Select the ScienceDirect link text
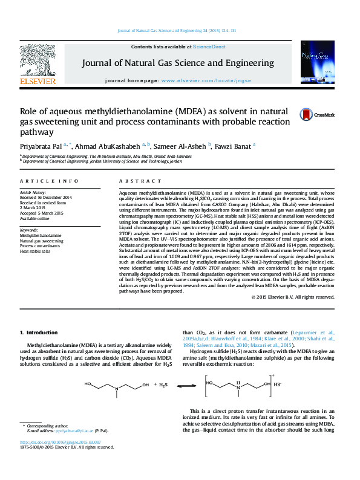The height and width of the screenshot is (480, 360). pyautogui.click(x=209, y=47)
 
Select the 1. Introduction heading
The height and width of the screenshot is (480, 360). pyautogui.click(x=39, y=333)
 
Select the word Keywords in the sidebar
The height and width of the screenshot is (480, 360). pyautogui.click(x=30, y=229)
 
